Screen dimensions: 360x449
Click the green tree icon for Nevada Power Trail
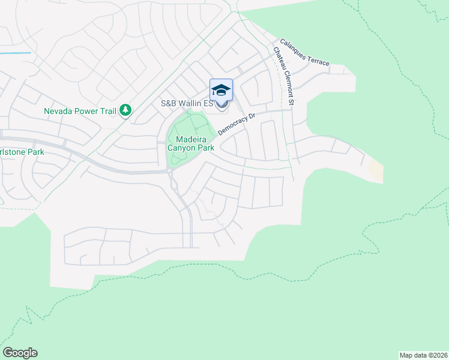(125, 110)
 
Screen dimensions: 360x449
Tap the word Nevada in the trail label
(58, 111)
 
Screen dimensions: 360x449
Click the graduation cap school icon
(221, 90)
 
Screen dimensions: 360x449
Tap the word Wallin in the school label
(188, 104)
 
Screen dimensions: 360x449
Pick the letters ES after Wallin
(208, 104)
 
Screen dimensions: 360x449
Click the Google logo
(20, 353)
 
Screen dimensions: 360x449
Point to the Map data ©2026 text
(424, 355)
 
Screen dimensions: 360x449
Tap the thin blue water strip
(15, 53)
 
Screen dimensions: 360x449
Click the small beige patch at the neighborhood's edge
(375, 170)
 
